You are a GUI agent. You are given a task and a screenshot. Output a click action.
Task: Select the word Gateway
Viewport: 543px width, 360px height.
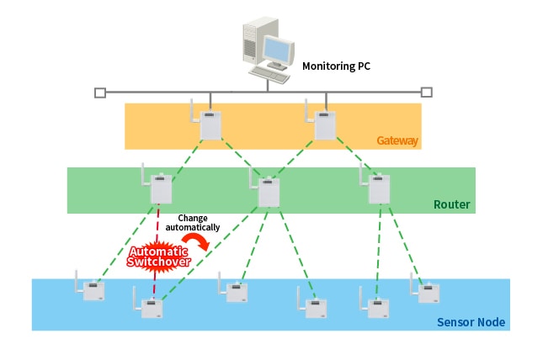coord(397,140)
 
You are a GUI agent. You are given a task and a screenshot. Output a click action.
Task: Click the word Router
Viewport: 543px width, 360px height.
coord(452,204)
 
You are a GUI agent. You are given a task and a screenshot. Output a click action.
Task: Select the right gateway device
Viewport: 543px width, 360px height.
coord(325,124)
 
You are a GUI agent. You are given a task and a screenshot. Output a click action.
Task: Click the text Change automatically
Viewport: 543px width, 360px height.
coord(193,222)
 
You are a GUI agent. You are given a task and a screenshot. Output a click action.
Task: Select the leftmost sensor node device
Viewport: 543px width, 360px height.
coord(93,289)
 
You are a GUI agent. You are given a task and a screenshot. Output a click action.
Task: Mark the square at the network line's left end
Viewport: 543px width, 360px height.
coord(100,92)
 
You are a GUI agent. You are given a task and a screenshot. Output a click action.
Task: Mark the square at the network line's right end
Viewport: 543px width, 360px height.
coord(426,92)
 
